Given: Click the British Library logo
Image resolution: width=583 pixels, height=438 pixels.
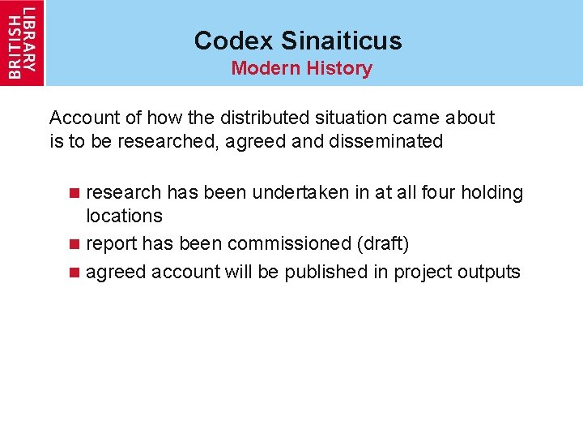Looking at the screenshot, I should click(22, 42).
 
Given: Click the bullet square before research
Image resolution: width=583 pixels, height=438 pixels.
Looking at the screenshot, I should click(74, 193).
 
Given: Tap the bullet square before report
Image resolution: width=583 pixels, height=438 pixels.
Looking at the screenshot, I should click(74, 244).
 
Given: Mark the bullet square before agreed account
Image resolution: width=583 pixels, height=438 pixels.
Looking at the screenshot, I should click(74, 273).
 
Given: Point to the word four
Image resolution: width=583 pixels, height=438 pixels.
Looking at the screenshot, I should click(439, 192).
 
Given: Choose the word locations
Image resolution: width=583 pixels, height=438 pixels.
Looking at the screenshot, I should click(124, 216).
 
